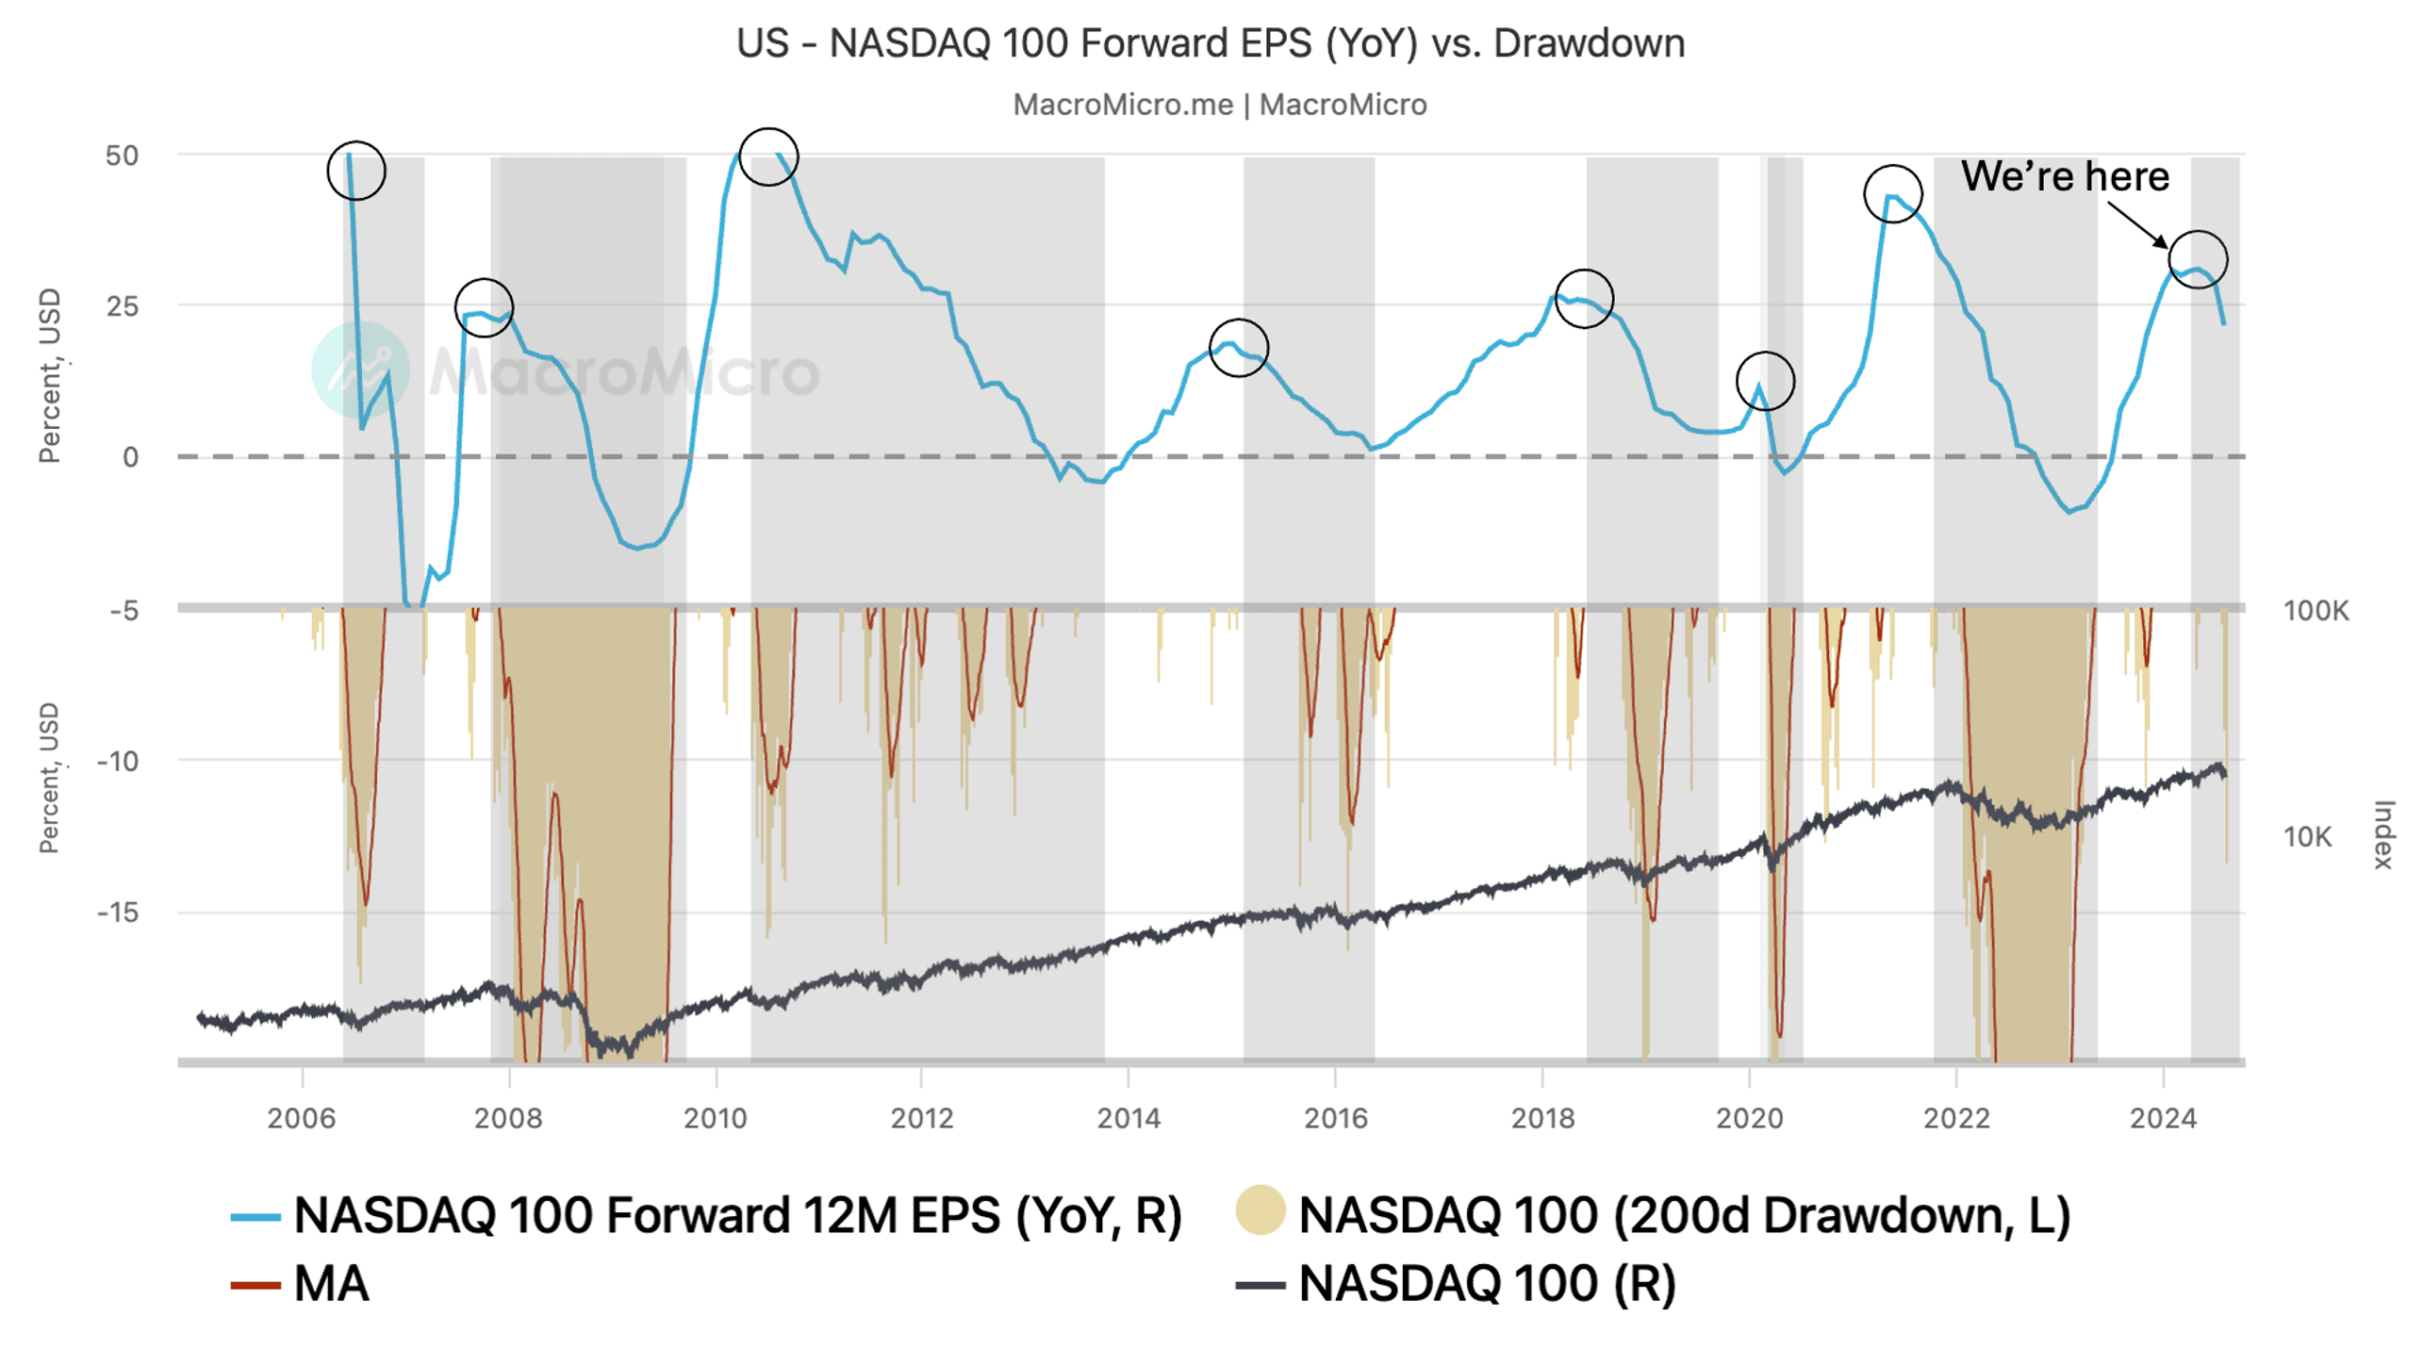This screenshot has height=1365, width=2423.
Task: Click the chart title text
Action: pos(1210,43)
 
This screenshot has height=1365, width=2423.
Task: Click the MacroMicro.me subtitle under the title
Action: pos(1219,105)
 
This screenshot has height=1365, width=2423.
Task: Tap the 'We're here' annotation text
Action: pos(2065,176)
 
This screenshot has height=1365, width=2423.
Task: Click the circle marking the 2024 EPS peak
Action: pos(2198,259)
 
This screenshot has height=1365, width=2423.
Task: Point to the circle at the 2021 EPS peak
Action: pos(1892,193)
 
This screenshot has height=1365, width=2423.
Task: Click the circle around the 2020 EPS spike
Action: pos(1765,381)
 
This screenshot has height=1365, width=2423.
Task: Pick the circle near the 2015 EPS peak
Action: pos(1239,348)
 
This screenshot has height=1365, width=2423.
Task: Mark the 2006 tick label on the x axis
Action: pos(301,1118)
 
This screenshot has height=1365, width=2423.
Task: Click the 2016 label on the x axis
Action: pos(1335,1118)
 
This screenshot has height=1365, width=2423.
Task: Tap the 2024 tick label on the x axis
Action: pos(2163,1118)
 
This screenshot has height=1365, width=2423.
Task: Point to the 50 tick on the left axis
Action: pos(123,156)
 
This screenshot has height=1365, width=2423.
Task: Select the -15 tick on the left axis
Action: pos(118,913)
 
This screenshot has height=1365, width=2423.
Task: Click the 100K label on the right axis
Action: pos(2316,611)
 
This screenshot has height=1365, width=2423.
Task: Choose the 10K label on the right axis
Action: pos(2307,837)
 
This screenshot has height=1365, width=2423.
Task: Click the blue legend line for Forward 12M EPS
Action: pos(255,1217)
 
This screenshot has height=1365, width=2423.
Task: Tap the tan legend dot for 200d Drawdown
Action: pos(1261,1211)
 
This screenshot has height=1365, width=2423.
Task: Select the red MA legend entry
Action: pos(300,1285)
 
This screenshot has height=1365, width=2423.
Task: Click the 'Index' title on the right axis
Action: pos(2383,834)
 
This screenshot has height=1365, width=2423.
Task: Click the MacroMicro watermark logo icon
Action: pos(360,370)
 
